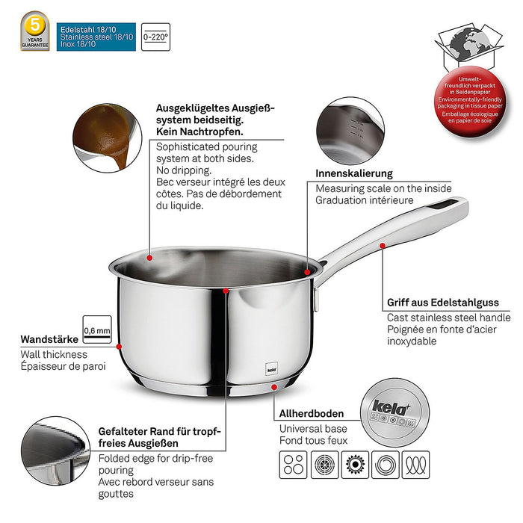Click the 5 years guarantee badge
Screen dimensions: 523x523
pyautogui.click(x=35, y=31)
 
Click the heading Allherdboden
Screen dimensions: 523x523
pyautogui.click(x=312, y=413)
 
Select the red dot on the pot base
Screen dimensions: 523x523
pyautogui.click(x=275, y=386)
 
